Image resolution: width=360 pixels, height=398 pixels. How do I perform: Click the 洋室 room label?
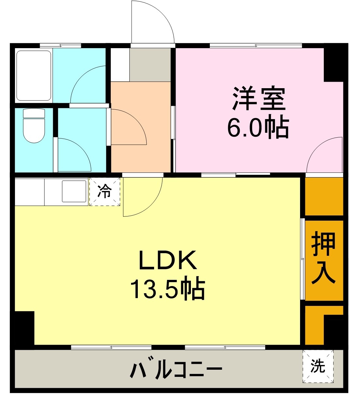click(259, 99)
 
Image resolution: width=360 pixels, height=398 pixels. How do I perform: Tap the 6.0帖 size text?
click(257, 128)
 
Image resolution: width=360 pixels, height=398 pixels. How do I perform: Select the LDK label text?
click(168, 261)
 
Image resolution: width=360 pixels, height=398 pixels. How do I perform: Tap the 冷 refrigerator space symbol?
click(105, 192)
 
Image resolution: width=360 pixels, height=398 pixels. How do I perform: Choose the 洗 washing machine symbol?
click(318, 366)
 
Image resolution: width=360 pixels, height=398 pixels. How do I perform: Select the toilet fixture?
click(34, 126)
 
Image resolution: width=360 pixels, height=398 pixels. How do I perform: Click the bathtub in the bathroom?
click(34, 75)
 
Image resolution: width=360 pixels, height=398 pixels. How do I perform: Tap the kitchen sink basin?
click(74, 191)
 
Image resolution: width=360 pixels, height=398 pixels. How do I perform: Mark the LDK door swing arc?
click(143, 197)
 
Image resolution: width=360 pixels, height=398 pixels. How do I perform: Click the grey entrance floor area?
click(150, 65)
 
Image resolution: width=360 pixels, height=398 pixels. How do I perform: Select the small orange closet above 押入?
click(324, 196)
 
